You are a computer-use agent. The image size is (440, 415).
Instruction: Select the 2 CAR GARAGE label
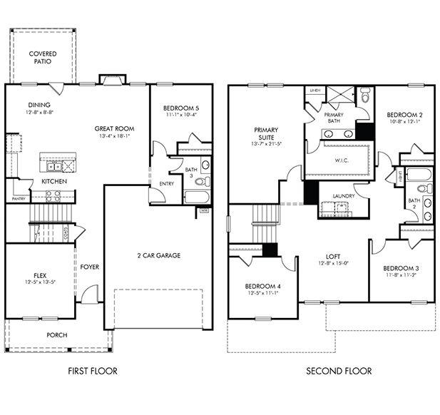tap(158, 255)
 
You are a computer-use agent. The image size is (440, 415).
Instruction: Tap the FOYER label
tap(89, 267)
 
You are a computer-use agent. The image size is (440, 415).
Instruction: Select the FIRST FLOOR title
tap(92, 371)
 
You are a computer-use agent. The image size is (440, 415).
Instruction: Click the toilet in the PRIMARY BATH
tap(365, 93)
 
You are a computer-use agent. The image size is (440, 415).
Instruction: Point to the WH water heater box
tap(204, 210)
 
